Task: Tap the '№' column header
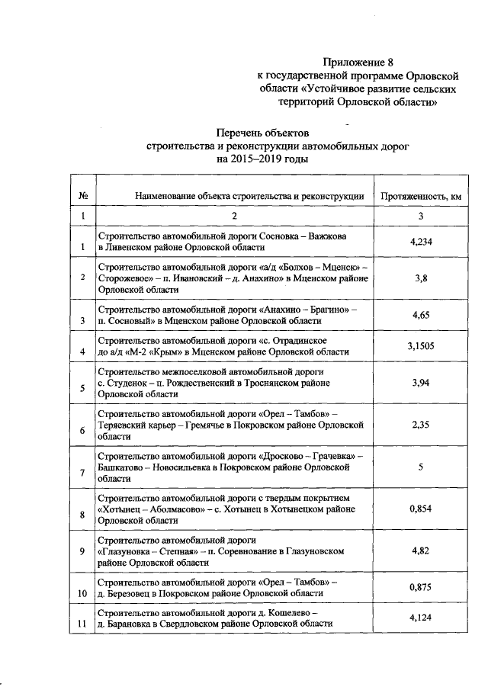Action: click(81, 196)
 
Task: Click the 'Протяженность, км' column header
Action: click(421, 196)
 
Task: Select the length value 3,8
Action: click(421, 279)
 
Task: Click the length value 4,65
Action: click(421, 315)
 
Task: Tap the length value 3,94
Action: click(421, 382)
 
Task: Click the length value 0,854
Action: click(421, 509)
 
